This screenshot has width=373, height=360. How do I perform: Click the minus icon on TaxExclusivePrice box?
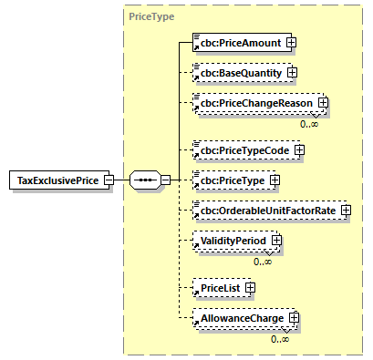coord(109,180)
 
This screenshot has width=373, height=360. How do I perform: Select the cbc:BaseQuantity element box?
coord(240,71)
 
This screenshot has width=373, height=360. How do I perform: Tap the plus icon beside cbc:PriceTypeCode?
coord(299,149)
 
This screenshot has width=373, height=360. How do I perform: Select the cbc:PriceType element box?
coord(233,180)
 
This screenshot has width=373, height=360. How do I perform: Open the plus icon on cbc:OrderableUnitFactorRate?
coord(345,211)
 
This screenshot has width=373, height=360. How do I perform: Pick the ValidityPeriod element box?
coord(232,241)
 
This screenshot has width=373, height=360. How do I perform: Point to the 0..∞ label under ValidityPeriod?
coord(264,262)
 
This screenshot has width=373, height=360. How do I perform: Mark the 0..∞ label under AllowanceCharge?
coord(280,339)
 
